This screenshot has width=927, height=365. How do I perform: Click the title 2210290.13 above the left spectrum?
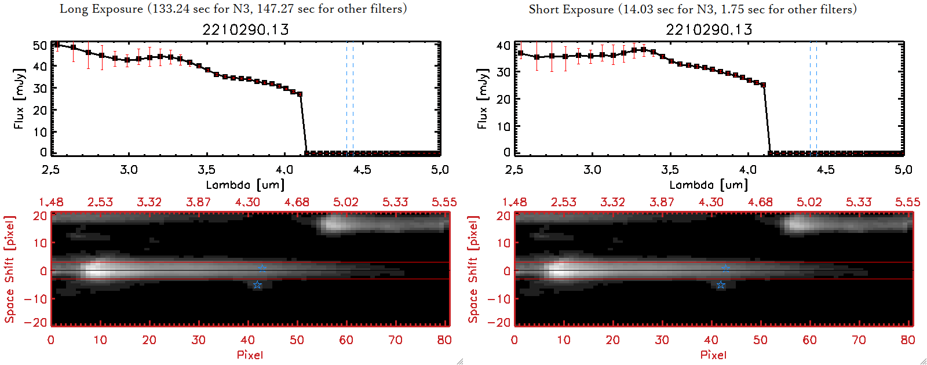pyautogui.click(x=245, y=30)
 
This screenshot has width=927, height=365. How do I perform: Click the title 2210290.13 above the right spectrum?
pyautogui.click(x=709, y=30)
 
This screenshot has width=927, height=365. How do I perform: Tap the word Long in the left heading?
pyautogui.click(x=72, y=9)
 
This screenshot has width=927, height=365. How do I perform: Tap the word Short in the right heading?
pyautogui.click(x=543, y=9)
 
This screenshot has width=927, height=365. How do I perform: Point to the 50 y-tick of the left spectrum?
pyautogui.click(x=40, y=45)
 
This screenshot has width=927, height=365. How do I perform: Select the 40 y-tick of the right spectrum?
pyautogui.click(x=503, y=45)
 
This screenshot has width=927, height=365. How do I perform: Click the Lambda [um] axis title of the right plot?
pyautogui.click(x=709, y=185)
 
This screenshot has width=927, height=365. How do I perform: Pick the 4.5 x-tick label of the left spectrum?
pyautogui.click(x=362, y=170)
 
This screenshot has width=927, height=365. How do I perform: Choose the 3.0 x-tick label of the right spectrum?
pyautogui.click(x=592, y=170)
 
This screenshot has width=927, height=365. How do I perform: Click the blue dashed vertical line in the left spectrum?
pyautogui.click(x=346, y=98)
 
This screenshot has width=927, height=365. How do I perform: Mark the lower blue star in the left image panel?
pyautogui.click(x=257, y=285)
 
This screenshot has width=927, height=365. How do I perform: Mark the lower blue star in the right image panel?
pyautogui.click(x=720, y=285)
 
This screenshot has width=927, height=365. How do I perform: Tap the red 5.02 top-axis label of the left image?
pyautogui.click(x=345, y=202)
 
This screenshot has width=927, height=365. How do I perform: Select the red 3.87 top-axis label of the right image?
pyautogui.click(x=662, y=202)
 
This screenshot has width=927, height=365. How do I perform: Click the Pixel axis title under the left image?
pyautogui.click(x=250, y=355)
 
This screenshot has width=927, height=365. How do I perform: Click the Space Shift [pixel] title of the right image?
pyautogui.click(x=473, y=269)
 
